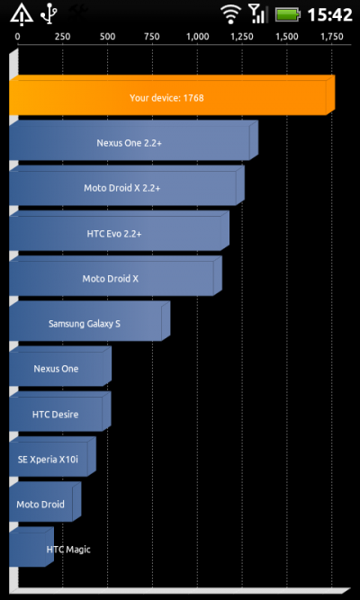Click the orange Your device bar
pos(172,95)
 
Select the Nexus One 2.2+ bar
pos(134,140)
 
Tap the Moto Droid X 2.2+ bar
pos(127,185)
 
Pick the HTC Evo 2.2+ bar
pos(119,231)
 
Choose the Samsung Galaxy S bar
pos(90,321)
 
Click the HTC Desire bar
pos(60,411)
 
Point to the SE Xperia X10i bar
pos(52,456)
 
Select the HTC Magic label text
pos(68,550)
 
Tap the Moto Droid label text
pos(40,505)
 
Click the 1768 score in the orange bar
pos(193,98)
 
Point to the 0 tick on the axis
pos(18,37)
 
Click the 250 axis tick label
pos(62,37)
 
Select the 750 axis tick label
pos(152,37)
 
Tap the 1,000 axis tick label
pos(198,37)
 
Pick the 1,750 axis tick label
pos(332,37)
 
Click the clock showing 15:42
pos(329,15)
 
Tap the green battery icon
pos(288,15)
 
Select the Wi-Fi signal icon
pos(231,15)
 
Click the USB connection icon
pos(49,14)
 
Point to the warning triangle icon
pos(22,15)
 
